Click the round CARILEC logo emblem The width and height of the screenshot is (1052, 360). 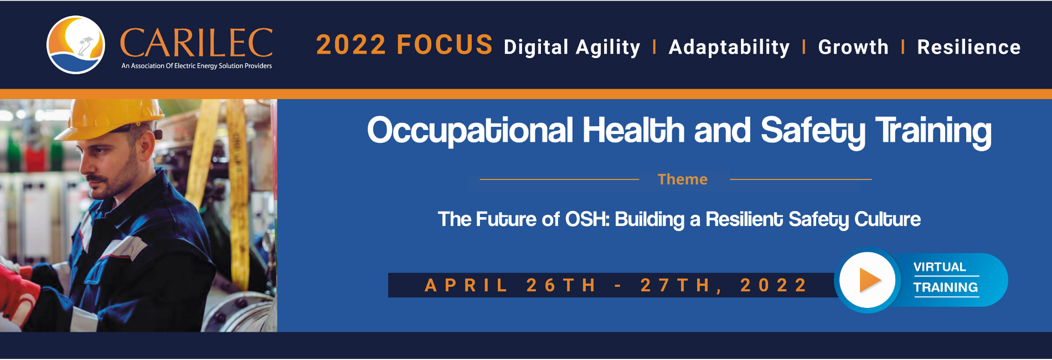tap(76, 45)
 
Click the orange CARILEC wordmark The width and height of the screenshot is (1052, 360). tap(197, 43)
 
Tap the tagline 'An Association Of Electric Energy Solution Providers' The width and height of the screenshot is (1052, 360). tap(197, 66)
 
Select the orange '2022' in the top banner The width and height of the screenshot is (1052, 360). tap(350, 45)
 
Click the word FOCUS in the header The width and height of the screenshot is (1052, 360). tap(445, 45)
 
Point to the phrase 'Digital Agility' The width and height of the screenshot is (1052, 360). tap(572, 48)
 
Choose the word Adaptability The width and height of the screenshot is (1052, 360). tap(729, 48)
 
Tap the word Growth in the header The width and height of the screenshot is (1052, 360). tap(853, 47)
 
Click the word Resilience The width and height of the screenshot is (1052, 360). tap(969, 47)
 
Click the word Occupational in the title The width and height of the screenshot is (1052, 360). tap(470, 131)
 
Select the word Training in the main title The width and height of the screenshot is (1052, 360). tap(934, 131)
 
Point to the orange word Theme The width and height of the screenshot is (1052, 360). tap(683, 179)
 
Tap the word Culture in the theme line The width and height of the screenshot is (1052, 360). tap(888, 219)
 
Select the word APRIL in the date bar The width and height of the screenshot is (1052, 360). tap(466, 285)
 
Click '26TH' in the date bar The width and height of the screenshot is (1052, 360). tap(560, 285)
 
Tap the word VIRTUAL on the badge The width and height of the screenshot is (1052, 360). tap(940, 267)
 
